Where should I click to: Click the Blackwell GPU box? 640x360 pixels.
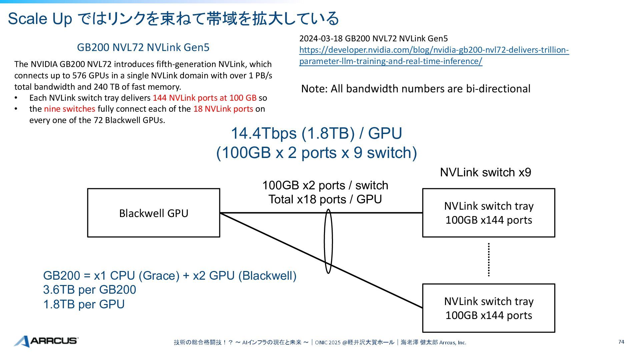[x=154, y=213]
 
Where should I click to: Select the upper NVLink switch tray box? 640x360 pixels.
[x=488, y=213]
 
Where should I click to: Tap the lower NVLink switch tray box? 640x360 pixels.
[x=488, y=308]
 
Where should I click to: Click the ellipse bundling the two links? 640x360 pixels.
[x=328, y=241]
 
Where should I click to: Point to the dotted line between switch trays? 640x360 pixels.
[x=489, y=260]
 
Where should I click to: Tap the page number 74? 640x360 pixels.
[x=621, y=342]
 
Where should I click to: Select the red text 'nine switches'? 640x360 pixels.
[x=69, y=109]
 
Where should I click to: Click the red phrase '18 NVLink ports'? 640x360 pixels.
[x=223, y=109]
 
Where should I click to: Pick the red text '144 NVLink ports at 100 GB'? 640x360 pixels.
[x=204, y=98]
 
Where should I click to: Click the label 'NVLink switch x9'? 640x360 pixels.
[x=485, y=172]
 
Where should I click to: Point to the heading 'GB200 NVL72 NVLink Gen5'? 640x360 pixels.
[x=143, y=47]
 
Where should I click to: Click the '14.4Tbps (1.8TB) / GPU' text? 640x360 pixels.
[x=316, y=133]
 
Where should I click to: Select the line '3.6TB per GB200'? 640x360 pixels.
[x=89, y=290]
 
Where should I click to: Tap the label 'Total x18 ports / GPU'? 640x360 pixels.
[x=325, y=199]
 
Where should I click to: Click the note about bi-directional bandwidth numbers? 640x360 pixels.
[x=416, y=89]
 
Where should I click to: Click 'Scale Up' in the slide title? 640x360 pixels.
[x=40, y=18]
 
